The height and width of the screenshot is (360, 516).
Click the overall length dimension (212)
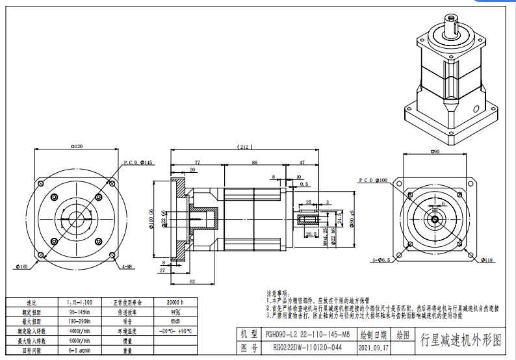[245, 147]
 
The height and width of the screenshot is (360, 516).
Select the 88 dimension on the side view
[254, 162]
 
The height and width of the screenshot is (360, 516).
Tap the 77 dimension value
[196, 162]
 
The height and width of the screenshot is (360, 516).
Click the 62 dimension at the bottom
[192, 281]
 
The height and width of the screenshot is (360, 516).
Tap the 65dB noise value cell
[175, 321]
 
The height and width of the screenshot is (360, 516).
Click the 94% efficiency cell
[175, 312]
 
